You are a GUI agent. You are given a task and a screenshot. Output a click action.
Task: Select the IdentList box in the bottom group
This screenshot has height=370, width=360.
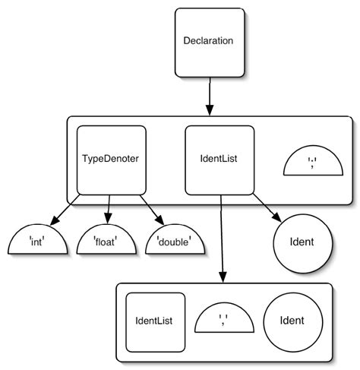point(156,322)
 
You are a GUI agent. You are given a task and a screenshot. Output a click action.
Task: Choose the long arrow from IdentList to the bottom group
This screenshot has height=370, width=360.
point(221,236)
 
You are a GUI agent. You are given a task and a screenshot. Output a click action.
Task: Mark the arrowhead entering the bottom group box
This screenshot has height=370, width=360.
point(222,277)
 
